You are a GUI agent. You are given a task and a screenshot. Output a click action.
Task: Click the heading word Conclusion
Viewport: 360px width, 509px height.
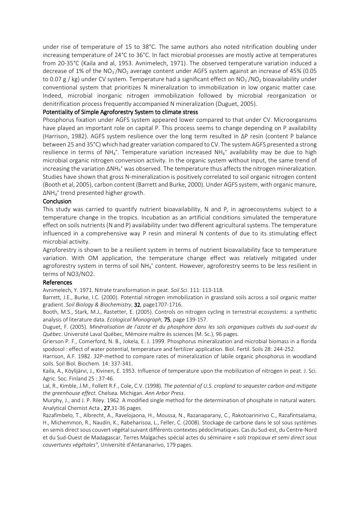57,201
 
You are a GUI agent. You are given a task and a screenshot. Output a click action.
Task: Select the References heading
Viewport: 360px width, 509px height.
58,282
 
